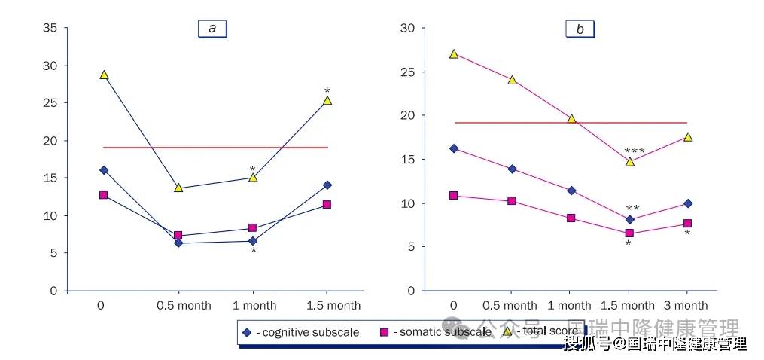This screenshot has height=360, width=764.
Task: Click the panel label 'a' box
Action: pos(212,29)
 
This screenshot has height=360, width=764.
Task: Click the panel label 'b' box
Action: pos(580,29)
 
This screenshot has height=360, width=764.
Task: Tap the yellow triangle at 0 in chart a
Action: pos(104,75)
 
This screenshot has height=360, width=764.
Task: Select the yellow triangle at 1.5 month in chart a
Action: pos(327,100)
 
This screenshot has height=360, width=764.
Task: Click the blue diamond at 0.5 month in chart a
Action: pos(178,243)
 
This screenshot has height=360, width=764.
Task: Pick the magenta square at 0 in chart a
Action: pos(104,195)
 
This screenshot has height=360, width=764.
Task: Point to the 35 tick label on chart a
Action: pos(50,29)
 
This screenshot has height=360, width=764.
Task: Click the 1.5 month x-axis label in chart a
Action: pos(333,305)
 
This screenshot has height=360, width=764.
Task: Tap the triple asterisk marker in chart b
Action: pos(634,151)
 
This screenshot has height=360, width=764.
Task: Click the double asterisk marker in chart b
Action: pos(632,209)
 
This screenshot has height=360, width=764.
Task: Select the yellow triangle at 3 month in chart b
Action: pos(687,137)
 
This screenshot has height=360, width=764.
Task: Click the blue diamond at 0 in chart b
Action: pos(453,148)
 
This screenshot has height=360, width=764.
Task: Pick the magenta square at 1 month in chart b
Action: pos(571,218)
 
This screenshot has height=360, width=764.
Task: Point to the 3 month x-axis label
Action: pos(685,305)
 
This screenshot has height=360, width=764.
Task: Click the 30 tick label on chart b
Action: pos(408,29)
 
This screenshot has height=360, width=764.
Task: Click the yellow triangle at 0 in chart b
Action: pos(453,54)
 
